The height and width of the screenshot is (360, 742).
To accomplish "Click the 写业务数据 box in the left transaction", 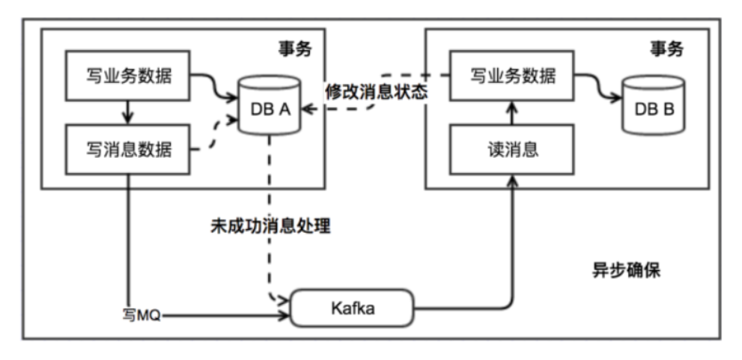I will click(x=128, y=76).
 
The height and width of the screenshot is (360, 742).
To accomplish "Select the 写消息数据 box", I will click(x=128, y=149).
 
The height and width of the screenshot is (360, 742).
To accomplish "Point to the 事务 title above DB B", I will click(x=666, y=49).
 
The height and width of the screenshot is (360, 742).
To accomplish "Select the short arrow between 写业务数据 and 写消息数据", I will click(x=128, y=112).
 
